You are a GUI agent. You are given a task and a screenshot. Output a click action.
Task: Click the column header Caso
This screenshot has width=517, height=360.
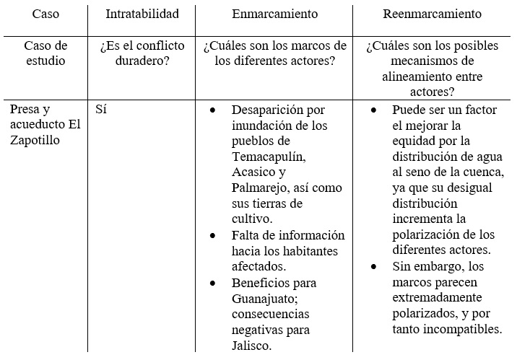click(x=45, y=14)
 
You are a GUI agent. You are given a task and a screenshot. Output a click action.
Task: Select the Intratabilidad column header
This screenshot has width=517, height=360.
click(x=142, y=14)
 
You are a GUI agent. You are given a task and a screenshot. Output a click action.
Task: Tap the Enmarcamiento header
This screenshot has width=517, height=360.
click(x=274, y=14)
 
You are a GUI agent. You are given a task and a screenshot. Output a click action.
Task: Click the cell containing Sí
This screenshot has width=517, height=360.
click(x=102, y=110)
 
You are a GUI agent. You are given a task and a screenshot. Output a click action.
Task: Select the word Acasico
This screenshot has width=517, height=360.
click(x=258, y=172)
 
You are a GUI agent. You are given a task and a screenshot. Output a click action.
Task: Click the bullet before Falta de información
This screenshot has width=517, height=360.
click(x=212, y=236)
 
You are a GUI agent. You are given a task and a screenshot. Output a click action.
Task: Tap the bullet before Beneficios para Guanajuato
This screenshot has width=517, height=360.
click(x=212, y=283)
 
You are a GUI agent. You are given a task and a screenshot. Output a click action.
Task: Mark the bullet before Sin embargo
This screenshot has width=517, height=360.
click(x=373, y=267)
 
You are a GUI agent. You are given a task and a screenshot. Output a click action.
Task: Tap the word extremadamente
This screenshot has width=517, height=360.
click(x=439, y=298)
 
